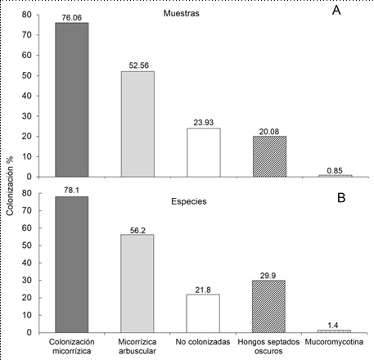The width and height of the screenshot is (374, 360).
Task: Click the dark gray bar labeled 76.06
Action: coord(71,99)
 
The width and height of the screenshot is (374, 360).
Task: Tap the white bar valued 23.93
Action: coord(203,152)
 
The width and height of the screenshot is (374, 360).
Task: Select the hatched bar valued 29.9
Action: coord(269,304)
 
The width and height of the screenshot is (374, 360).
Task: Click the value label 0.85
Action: coord(336,169)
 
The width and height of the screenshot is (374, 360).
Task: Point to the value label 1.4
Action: coord(336,326)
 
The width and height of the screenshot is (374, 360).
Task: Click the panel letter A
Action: coord(336,13)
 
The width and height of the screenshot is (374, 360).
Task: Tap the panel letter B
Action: coord(336,196)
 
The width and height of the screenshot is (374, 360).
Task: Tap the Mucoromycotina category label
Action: coord(336,340)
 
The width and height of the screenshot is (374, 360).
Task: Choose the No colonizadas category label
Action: coord(203,340)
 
